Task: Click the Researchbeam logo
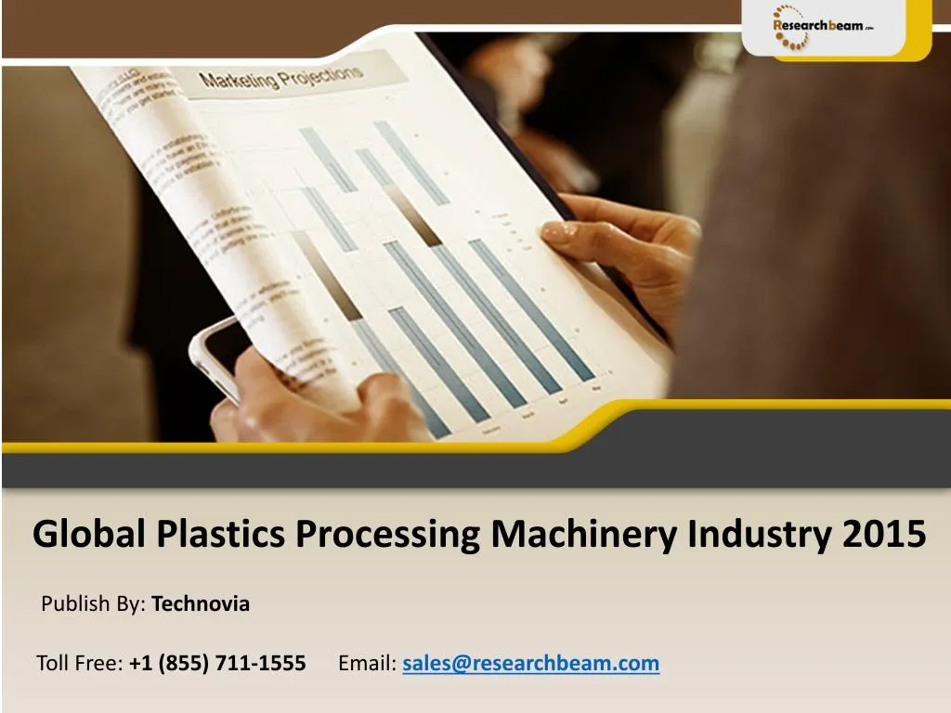[823, 27]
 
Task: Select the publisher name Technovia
[201, 604]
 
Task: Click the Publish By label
[93, 604]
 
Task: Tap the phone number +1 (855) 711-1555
[217, 663]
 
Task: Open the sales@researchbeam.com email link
[530, 663]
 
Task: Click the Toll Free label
[79, 663]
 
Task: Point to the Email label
[367, 663]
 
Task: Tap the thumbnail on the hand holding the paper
[558, 233]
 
